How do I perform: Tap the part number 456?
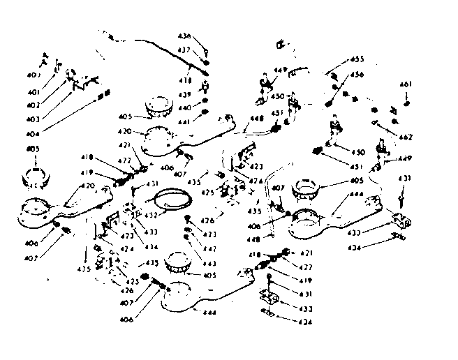[357, 74]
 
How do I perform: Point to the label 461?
[406, 84]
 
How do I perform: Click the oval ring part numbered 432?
[171, 200]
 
